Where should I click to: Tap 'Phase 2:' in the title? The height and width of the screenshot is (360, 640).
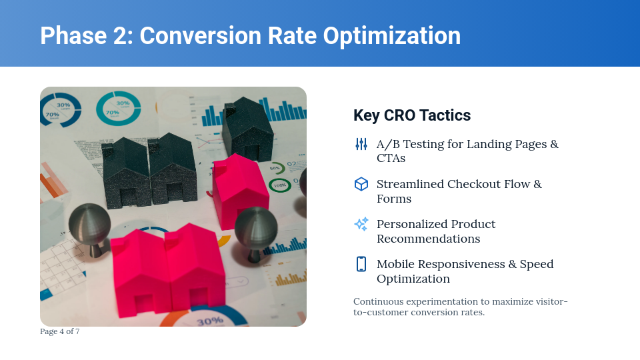point(86,35)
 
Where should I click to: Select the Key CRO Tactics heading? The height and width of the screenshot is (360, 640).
point(411,115)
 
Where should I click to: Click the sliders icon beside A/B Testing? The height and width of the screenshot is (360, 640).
point(361,144)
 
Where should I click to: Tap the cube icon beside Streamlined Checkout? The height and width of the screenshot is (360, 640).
point(361,184)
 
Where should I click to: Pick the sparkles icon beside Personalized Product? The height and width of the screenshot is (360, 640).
point(361,224)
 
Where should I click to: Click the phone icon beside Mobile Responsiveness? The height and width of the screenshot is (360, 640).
point(361,264)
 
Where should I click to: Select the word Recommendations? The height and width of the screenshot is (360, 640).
point(428,239)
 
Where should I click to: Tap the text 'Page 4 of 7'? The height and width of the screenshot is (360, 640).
point(59,331)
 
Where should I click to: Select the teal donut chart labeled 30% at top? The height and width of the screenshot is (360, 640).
point(118,108)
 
